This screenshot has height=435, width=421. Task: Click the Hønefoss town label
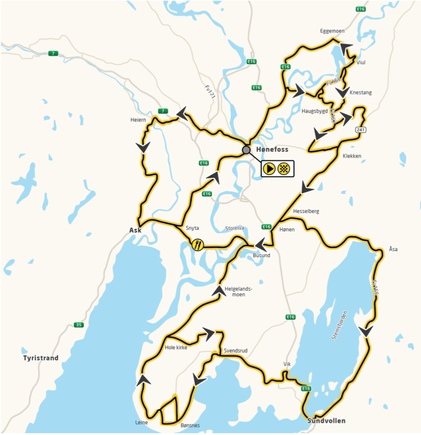tap(272, 150)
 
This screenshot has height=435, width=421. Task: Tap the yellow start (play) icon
tap(269, 169)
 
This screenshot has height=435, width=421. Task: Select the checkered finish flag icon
tap(284, 169)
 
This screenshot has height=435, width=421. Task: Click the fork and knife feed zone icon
tap(198, 244)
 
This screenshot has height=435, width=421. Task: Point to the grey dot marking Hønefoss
tap(247, 150)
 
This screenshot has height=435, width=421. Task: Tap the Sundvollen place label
tap(326, 420)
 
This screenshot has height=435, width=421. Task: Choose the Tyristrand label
tap(41, 357)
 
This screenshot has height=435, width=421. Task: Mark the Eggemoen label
tap(333, 31)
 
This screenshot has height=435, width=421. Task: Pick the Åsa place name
tap(393, 249)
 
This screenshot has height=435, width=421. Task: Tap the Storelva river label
tap(235, 228)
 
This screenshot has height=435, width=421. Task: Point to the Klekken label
tap(352, 156)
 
